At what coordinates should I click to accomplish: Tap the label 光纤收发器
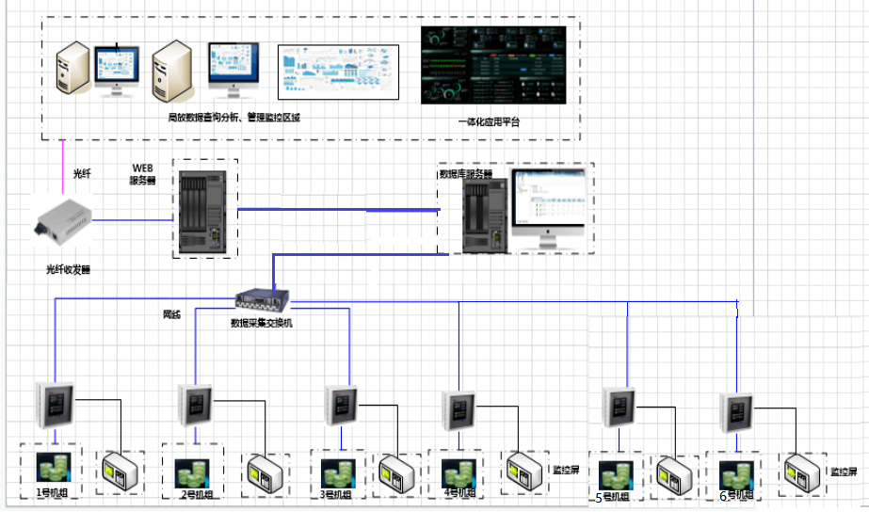tap(68, 269)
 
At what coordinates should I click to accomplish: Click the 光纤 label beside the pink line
tap(84, 174)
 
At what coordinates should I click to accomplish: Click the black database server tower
tap(485, 218)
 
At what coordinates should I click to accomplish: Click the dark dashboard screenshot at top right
tap(493, 64)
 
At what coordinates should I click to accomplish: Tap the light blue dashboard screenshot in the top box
tap(340, 70)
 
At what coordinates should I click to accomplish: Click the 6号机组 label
tap(736, 496)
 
